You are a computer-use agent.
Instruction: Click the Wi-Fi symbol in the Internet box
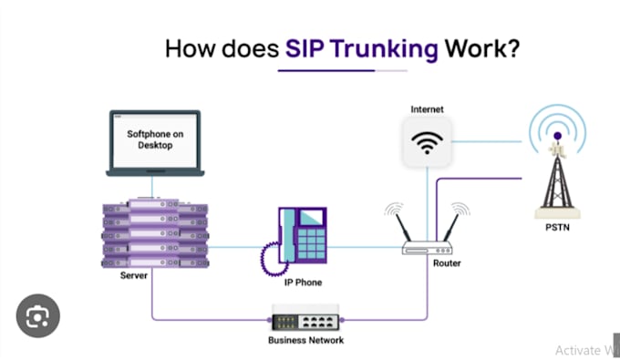(x=428, y=144)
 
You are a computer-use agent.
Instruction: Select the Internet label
(x=427, y=109)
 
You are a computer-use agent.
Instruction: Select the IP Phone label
(x=301, y=283)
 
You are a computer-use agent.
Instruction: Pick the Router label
(x=447, y=263)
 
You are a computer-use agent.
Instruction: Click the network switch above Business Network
(x=305, y=322)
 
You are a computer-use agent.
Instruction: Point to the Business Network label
(x=305, y=342)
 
